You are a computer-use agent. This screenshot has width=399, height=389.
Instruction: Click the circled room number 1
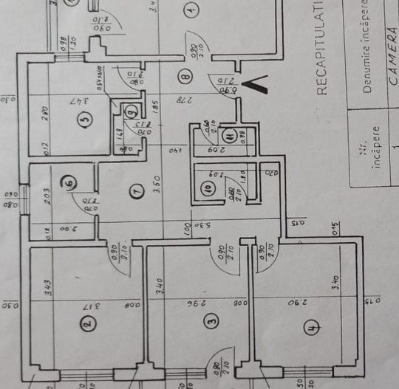(191, 10)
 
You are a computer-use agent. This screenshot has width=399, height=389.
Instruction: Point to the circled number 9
(131, 111)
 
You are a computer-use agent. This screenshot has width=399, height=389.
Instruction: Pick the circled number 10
(208, 188)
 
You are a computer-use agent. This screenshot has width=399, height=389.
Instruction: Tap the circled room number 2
(86, 323)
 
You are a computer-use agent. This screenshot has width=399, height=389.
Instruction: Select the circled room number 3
(212, 322)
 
